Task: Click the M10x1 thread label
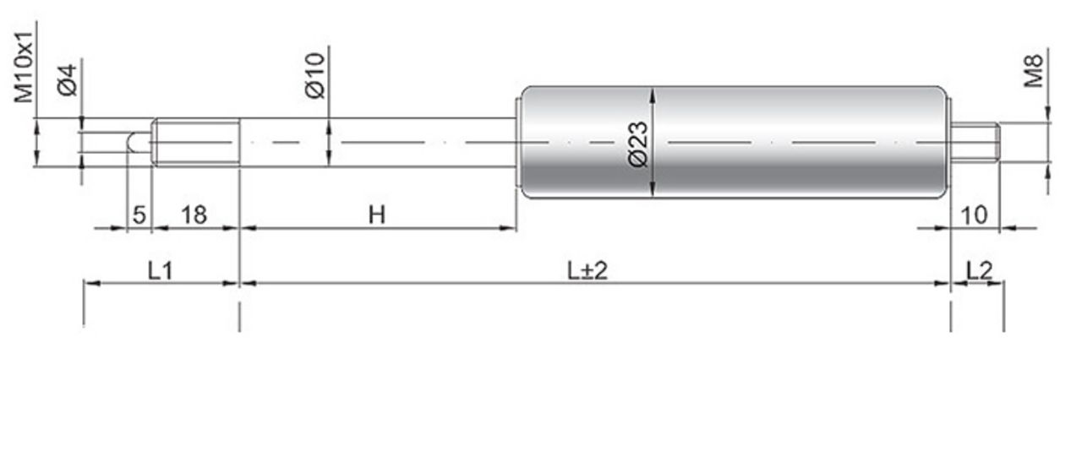(23, 67)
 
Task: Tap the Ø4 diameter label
(67, 80)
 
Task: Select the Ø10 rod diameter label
(315, 76)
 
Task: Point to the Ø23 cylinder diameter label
(638, 144)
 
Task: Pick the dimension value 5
(139, 215)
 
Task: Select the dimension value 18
(194, 215)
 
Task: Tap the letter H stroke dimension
(377, 215)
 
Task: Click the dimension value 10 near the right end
(975, 215)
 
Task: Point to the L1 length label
(160, 270)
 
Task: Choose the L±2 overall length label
(587, 271)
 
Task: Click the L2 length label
(979, 270)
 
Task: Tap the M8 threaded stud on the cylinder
(975, 143)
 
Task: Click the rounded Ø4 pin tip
(139, 143)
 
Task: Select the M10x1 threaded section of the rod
(195, 143)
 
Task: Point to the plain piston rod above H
(378, 143)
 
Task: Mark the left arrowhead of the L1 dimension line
(92, 283)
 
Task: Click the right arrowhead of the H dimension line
(508, 228)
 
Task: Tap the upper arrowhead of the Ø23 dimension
(653, 95)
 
